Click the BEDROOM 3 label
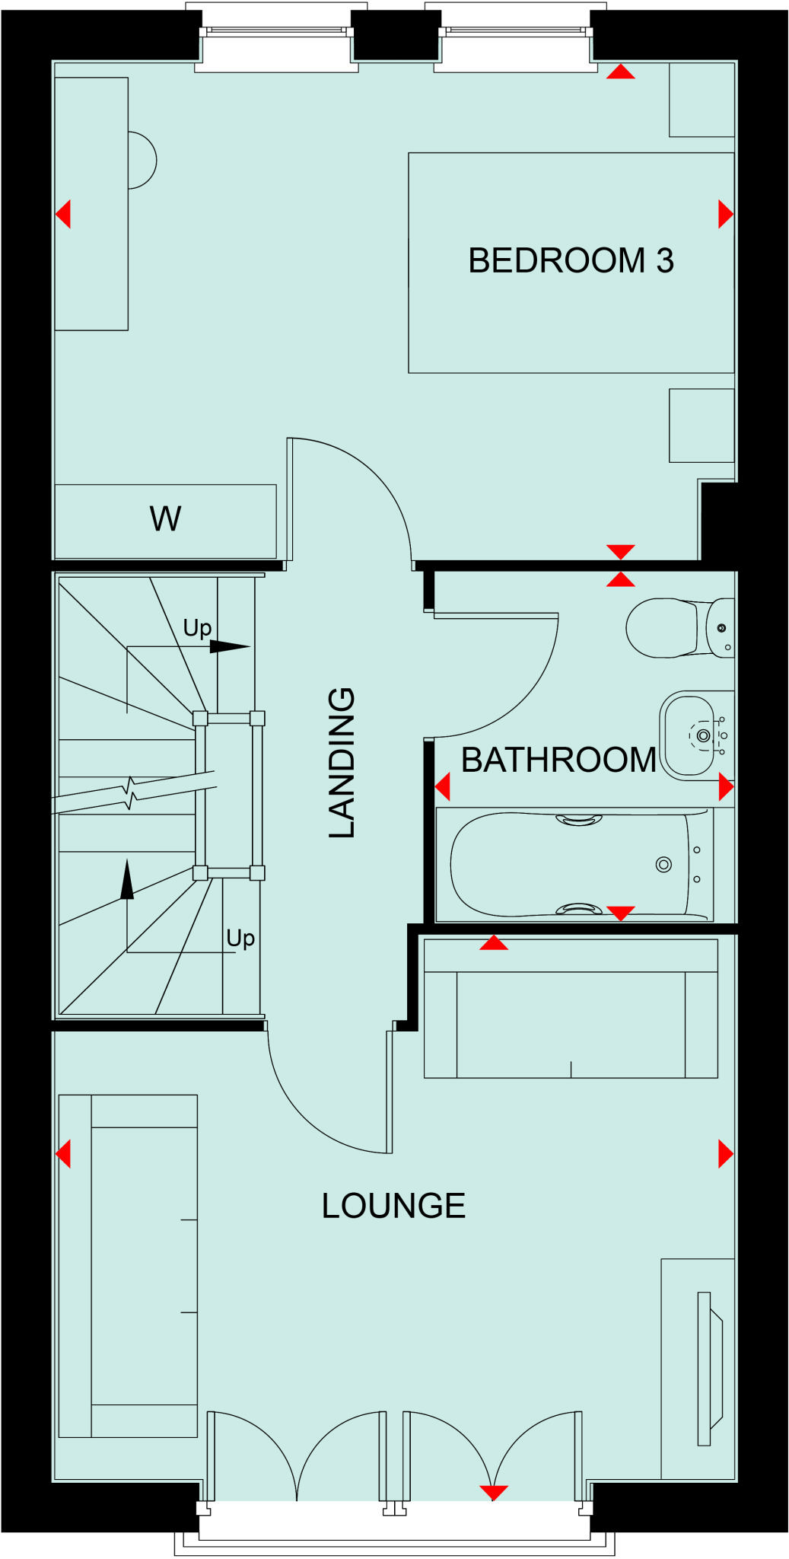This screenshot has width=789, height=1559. tap(571, 261)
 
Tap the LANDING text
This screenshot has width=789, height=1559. tap(342, 764)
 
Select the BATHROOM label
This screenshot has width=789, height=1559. tap(558, 760)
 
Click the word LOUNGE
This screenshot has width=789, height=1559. tap(393, 1206)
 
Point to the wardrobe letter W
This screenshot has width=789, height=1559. tap(165, 519)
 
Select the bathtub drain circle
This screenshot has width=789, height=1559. tap(663, 864)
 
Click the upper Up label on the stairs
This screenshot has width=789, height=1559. tap(197, 628)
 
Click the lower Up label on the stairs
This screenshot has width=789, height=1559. tap(240, 938)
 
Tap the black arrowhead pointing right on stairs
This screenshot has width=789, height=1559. tap(229, 647)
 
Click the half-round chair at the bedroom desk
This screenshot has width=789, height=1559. tap(142, 161)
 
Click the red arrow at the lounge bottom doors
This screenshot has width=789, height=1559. tap(494, 1493)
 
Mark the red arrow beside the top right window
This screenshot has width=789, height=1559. tap(621, 72)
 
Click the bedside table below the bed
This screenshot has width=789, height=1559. tap(702, 426)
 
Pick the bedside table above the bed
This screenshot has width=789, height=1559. tap(702, 100)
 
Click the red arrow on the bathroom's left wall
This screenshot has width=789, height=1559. tap(443, 786)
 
